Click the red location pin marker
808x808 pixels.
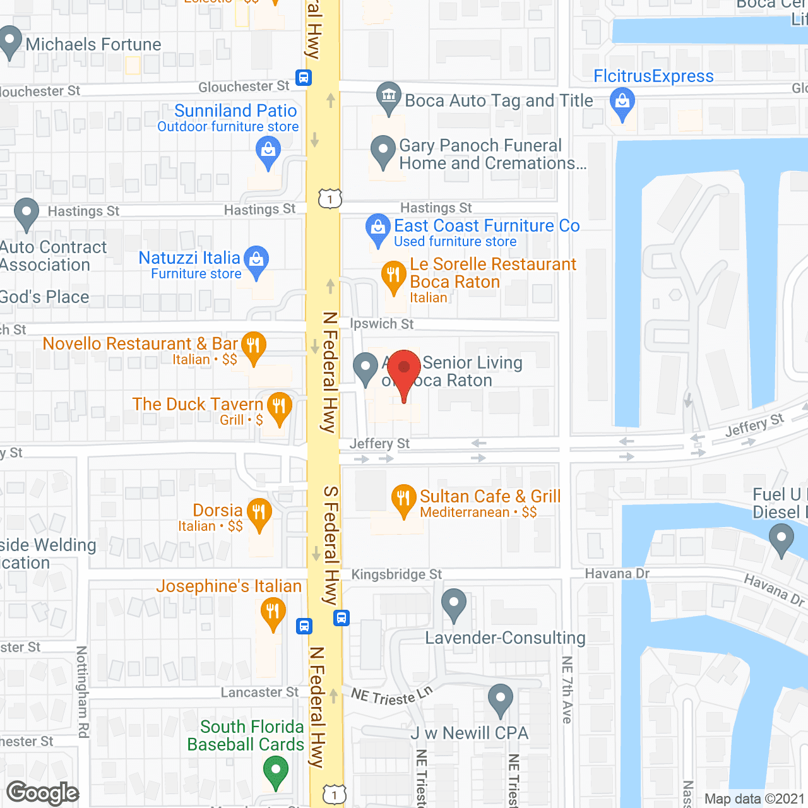(x=404, y=369)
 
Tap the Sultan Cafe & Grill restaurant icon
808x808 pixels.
(x=403, y=499)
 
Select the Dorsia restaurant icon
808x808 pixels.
(x=259, y=513)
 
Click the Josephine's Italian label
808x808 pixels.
(x=229, y=586)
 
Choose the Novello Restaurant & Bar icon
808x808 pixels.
(x=253, y=346)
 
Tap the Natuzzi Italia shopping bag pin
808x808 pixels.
(x=256, y=260)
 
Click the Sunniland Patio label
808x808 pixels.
(x=235, y=111)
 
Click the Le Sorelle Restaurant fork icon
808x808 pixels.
(x=393, y=275)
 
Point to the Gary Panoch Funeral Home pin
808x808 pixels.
(x=383, y=150)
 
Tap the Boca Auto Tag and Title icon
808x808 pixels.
(x=389, y=97)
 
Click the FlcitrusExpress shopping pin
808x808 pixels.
(x=622, y=102)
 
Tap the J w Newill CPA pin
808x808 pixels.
(x=501, y=699)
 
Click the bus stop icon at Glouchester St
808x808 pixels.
(x=304, y=78)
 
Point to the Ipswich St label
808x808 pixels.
(x=382, y=324)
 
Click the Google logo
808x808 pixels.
(x=43, y=793)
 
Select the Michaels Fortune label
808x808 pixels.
(x=93, y=44)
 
